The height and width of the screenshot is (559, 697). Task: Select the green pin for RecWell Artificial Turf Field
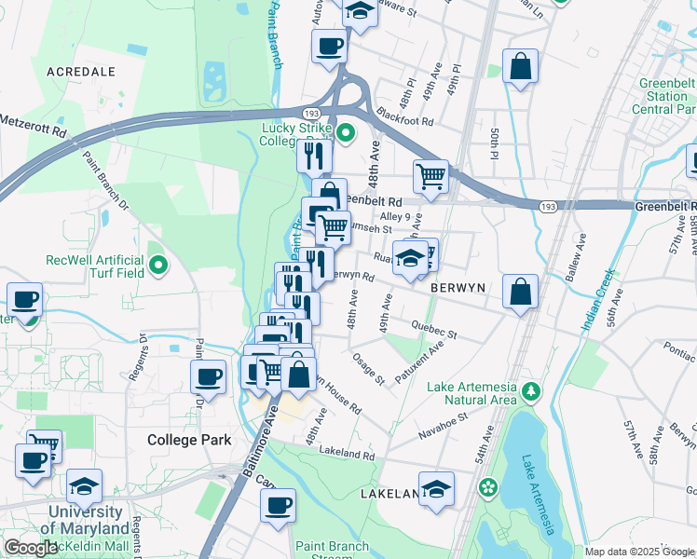158,266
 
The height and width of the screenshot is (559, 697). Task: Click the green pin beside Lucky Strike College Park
346,133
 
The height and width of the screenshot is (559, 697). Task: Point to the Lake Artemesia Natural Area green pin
531,389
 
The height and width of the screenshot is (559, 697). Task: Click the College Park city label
189,439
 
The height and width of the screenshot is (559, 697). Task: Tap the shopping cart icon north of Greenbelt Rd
430,174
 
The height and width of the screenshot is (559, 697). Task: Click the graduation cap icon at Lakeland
435,488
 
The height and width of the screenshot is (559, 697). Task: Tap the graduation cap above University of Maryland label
84,484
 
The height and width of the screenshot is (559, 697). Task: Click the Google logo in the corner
31,548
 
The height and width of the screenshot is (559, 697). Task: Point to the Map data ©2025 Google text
639,552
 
